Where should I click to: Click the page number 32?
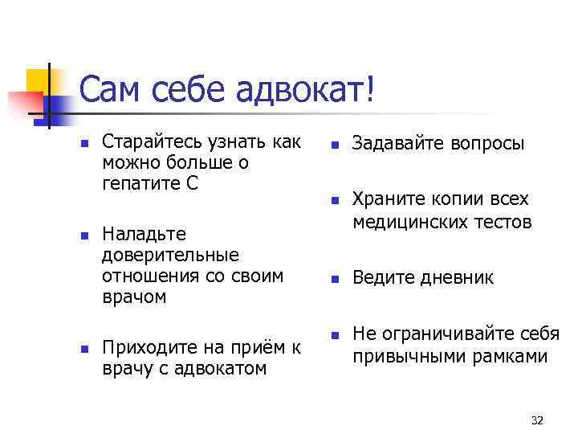[537, 420]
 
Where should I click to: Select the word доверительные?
[171, 255]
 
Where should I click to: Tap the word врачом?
[134, 297]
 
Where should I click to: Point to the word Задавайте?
[393, 144]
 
